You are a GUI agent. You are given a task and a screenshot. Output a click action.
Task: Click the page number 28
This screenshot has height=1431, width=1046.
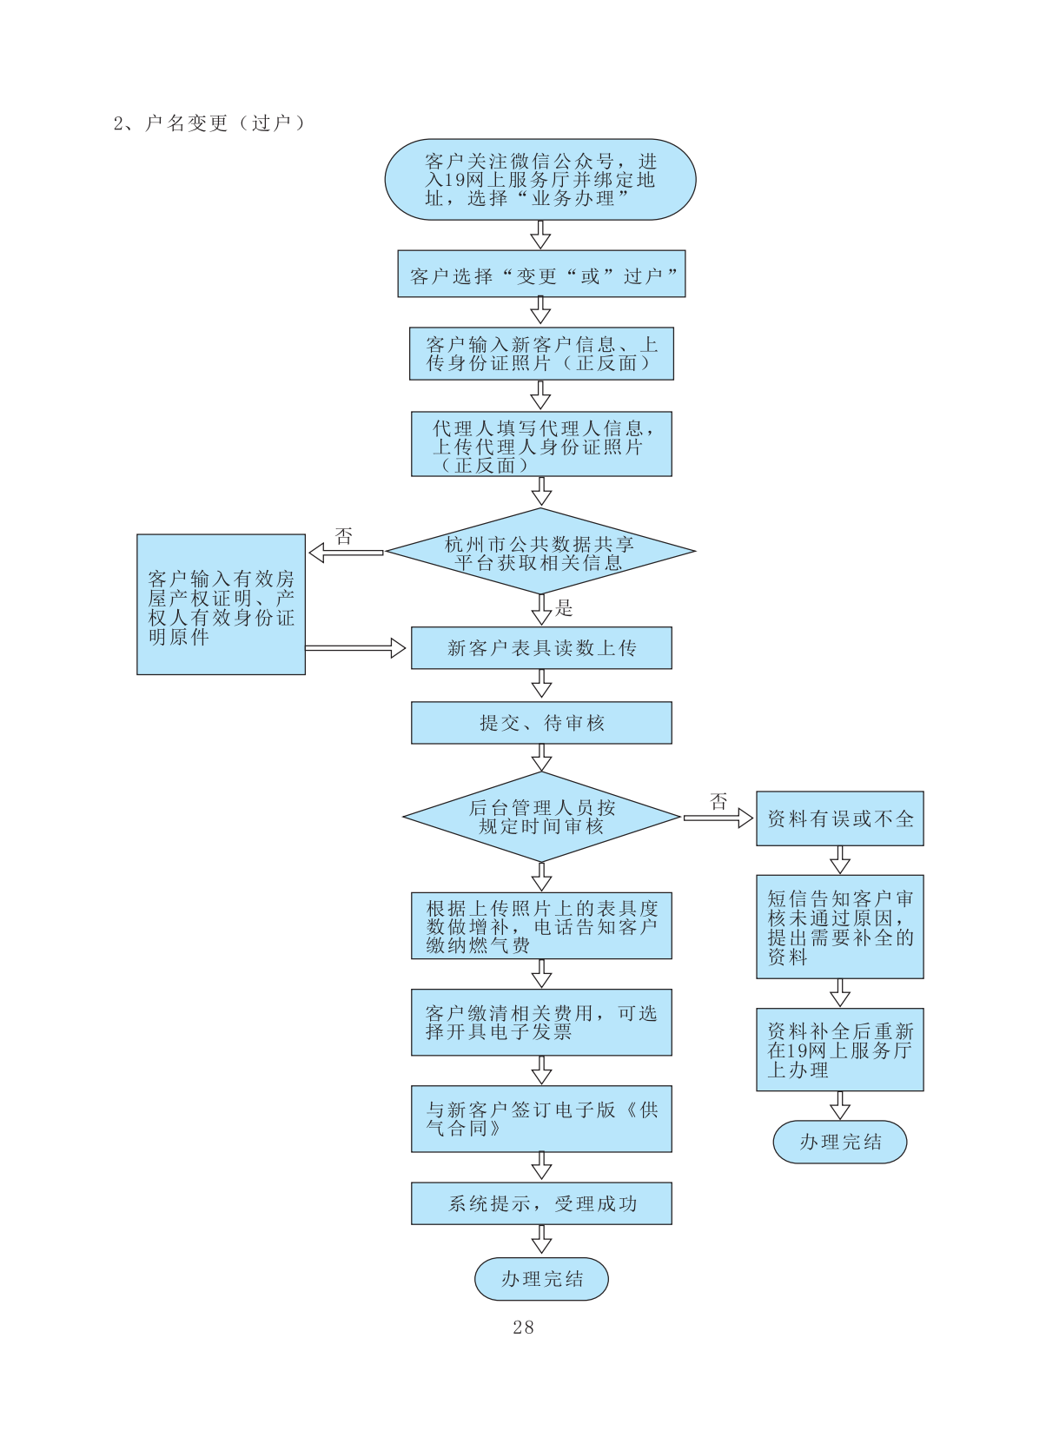[x=523, y=1327]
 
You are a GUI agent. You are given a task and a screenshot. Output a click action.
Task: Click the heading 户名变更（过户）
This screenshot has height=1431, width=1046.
[x=209, y=123]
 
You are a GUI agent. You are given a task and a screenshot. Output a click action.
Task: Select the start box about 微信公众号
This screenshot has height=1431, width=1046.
[x=540, y=180]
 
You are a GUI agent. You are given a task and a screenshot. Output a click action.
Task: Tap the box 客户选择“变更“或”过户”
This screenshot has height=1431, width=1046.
[x=541, y=275]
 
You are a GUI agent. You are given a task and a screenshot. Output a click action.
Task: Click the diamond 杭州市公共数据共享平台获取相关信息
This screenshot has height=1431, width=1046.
[x=540, y=552]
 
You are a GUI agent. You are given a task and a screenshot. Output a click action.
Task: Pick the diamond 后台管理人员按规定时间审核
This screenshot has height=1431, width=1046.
[x=541, y=817]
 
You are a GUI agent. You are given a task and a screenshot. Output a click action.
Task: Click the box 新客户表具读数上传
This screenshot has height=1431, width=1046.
[x=541, y=648]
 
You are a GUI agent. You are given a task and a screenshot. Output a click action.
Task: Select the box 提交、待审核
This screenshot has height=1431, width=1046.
[x=541, y=723]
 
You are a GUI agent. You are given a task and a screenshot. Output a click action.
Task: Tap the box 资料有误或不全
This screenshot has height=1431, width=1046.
[x=839, y=818]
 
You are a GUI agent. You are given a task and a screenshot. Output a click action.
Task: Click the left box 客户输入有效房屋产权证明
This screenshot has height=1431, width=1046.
[x=221, y=605]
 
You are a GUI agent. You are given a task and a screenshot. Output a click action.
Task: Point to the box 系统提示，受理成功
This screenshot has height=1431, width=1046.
[x=541, y=1203]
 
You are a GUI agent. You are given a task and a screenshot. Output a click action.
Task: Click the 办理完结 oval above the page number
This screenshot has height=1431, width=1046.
[x=541, y=1279]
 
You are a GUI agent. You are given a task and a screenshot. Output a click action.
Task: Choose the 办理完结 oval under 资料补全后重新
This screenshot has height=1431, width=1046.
[x=839, y=1142]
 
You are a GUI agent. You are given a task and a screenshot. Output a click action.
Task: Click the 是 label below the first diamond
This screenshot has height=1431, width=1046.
[x=565, y=608]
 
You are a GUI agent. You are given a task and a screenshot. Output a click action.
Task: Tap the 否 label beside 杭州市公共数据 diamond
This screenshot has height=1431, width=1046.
[x=344, y=536]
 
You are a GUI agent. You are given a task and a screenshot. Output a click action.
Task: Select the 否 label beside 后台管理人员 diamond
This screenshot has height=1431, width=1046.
[x=718, y=801]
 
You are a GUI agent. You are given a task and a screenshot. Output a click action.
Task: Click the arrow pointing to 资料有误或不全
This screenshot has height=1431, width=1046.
[x=718, y=818]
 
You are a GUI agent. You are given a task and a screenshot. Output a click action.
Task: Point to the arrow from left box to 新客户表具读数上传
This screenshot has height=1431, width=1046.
[x=355, y=648]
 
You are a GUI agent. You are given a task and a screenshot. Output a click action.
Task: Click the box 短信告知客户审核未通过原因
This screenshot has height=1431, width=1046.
[x=839, y=927]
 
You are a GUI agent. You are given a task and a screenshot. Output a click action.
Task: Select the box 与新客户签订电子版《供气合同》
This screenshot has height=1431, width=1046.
[x=541, y=1119]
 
